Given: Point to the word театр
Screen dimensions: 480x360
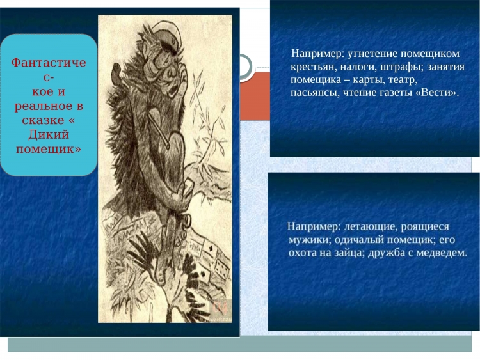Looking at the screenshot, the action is pyautogui.click(x=403, y=80).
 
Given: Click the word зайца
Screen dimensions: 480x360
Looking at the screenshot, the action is pyautogui.click(x=350, y=253).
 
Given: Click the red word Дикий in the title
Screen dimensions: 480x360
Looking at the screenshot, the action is pyautogui.click(x=49, y=135).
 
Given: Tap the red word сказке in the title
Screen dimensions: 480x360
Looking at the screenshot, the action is pyautogui.click(x=44, y=120).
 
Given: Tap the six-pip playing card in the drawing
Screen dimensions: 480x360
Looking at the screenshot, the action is pyautogui.click(x=222, y=267).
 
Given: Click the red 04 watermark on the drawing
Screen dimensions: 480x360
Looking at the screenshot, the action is pyautogui.click(x=220, y=308).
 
